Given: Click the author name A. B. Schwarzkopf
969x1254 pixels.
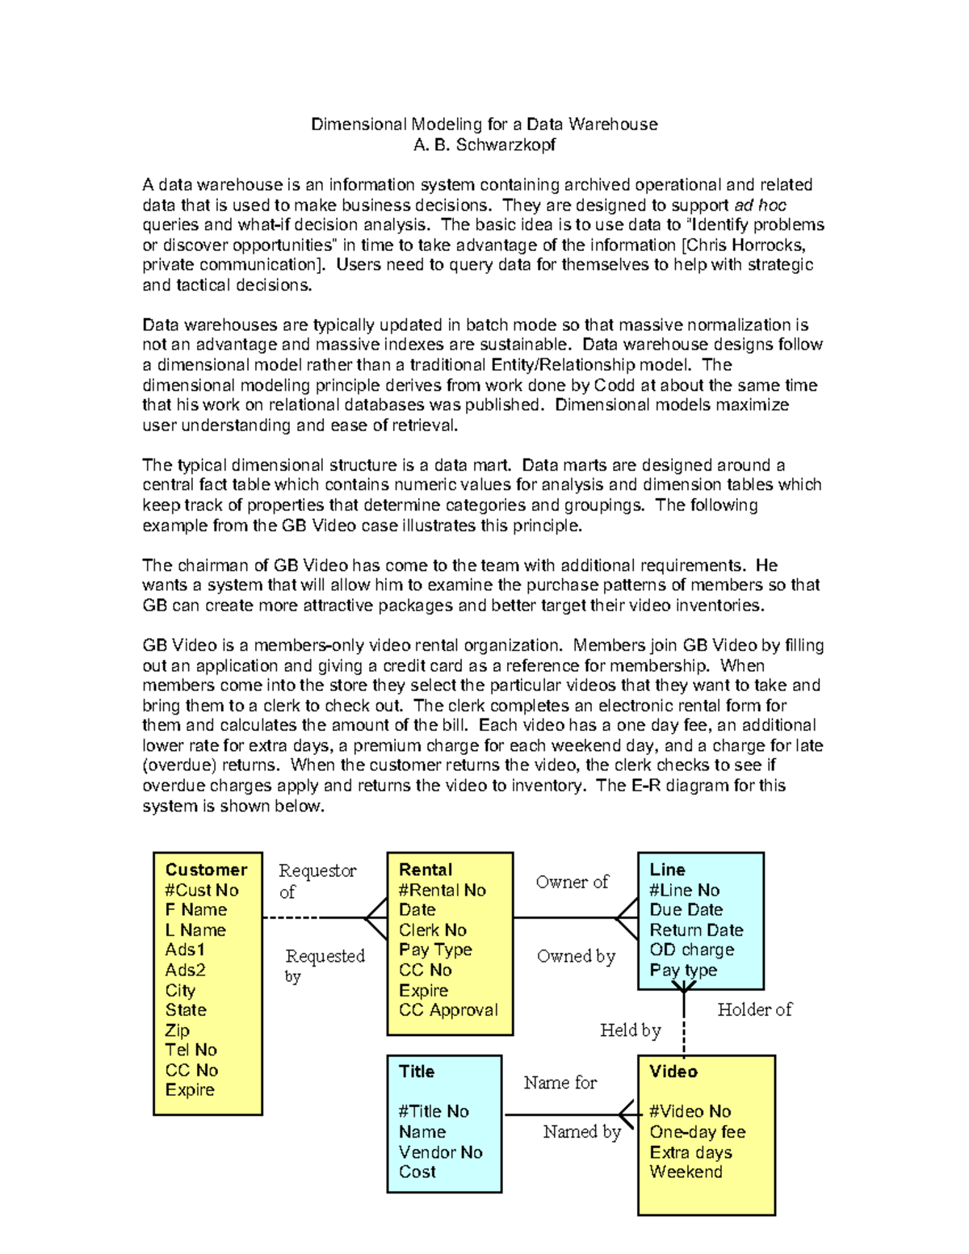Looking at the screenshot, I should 484,145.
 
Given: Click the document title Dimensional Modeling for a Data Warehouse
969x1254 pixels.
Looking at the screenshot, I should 484,124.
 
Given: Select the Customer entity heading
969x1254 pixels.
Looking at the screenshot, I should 206,870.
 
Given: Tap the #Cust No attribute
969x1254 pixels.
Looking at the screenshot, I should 202,890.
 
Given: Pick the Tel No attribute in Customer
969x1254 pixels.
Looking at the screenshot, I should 191,1050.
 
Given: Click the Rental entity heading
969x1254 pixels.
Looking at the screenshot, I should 426,870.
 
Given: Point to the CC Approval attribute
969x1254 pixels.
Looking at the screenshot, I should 448,1010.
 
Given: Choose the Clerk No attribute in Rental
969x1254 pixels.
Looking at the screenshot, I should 433,930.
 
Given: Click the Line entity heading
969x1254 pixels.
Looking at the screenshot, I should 667,870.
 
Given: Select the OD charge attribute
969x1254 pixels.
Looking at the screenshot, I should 692,950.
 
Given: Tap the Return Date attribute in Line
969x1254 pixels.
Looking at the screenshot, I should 696,930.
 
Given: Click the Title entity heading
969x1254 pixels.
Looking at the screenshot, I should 417,1072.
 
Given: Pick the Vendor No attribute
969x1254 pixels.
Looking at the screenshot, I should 440,1152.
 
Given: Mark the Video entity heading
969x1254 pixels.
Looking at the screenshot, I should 673,1072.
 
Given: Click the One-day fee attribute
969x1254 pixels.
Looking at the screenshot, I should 698,1132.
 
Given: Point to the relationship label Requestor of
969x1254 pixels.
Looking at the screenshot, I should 317,881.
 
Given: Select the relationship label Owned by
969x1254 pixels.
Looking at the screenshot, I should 576,956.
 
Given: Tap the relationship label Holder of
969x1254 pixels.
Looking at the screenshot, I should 754,1009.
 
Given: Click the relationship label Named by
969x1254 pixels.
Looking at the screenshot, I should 581,1132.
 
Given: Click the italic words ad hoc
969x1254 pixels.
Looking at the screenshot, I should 760,205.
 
